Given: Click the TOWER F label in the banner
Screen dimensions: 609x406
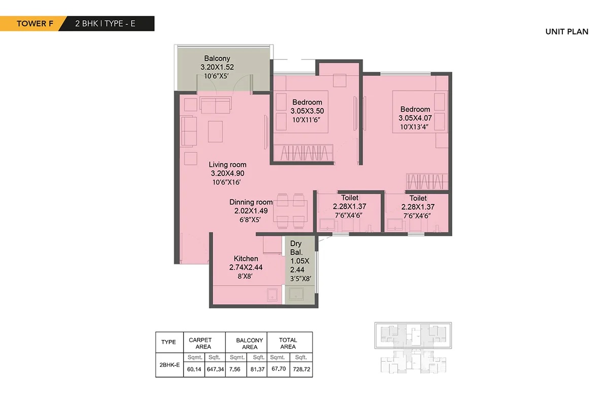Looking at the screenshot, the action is [35, 24].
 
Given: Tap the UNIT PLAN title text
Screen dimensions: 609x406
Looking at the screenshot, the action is [567, 31].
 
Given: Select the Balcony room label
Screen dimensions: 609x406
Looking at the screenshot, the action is [217, 58].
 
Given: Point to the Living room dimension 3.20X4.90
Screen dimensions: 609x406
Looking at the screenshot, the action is [227, 173].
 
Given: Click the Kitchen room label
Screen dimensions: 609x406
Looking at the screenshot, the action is [246, 258].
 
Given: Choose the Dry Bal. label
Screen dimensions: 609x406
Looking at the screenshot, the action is [296, 248].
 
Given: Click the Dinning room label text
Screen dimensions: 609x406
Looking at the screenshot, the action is [251, 202].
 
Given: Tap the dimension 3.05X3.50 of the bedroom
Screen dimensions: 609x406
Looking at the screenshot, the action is [307, 111].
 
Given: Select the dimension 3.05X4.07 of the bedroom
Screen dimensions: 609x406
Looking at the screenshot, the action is [415, 118].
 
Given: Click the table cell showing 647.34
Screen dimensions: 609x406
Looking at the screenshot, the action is [215, 369].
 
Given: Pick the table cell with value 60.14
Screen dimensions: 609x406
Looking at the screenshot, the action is [194, 369].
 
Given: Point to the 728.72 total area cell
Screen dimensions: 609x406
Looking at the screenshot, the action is [301, 369].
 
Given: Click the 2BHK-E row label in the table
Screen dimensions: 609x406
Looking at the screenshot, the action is [170, 365].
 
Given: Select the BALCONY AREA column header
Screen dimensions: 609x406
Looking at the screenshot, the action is [249, 344].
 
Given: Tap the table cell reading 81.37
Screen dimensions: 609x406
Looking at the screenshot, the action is [257, 369].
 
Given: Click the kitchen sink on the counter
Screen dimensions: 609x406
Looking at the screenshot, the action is [272, 295].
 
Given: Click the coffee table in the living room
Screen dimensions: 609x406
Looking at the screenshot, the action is [215, 131].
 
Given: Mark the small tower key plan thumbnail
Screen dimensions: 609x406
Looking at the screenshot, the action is [413, 348].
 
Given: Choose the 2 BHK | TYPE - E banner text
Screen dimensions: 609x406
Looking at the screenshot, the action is [105, 24].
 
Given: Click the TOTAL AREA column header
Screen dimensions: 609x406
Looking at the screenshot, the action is [288, 343].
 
